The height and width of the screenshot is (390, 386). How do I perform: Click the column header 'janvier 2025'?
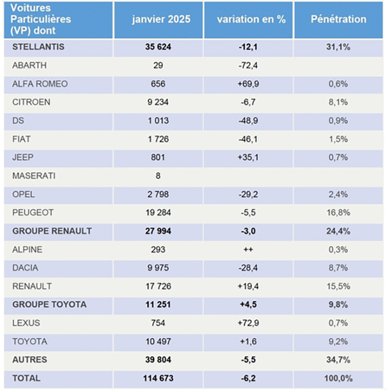pyautogui.click(x=161, y=19)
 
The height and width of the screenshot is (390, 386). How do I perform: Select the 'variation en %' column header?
pyautogui.click(x=251, y=19)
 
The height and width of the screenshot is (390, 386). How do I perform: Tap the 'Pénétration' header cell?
pyautogui.click(x=339, y=19)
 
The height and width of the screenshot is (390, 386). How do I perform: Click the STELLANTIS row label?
pyautogui.click(x=38, y=47)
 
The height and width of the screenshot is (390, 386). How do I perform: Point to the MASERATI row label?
pyautogui.click(x=34, y=176)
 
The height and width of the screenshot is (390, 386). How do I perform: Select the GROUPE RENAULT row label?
pyautogui.click(x=52, y=231)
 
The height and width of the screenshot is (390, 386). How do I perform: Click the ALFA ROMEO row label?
pyautogui.click(x=40, y=84)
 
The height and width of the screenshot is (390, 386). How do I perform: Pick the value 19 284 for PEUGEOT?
pyautogui.click(x=158, y=213)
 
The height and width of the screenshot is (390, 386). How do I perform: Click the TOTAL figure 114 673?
pyautogui.click(x=158, y=378)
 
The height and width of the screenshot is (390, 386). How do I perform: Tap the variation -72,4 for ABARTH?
pyautogui.click(x=248, y=65)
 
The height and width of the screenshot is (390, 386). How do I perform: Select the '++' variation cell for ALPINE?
pyautogui.click(x=248, y=250)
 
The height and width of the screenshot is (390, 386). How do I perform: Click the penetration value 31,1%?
pyautogui.click(x=338, y=47)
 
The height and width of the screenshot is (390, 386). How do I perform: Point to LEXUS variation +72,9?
pyautogui.click(x=248, y=323)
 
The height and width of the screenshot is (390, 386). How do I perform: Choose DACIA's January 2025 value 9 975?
pyautogui.click(x=158, y=268)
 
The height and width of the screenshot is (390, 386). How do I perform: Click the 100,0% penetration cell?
pyautogui.click(x=338, y=378)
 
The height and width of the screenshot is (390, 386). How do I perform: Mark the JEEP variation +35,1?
pyautogui.click(x=248, y=157)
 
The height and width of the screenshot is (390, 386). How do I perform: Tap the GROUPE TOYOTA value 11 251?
pyautogui.click(x=158, y=305)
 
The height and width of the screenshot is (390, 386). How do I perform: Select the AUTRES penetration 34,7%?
pyautogui.click(x=338, y=360)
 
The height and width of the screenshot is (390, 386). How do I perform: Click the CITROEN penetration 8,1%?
pyautogui.click(x=338, y=102)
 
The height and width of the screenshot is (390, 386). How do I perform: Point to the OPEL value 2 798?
pyautogui.click(x=158, y=194)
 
